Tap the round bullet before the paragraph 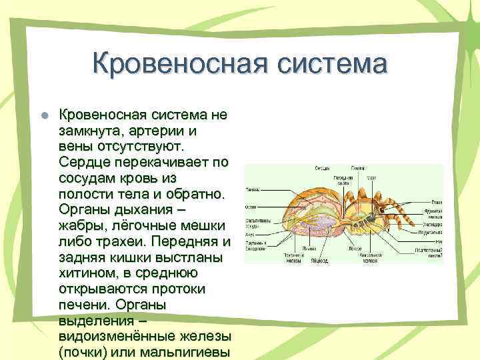pos(45,115)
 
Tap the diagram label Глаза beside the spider pos(436,202)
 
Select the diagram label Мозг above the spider pos(373,178)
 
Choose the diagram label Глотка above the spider pos(358,168)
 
